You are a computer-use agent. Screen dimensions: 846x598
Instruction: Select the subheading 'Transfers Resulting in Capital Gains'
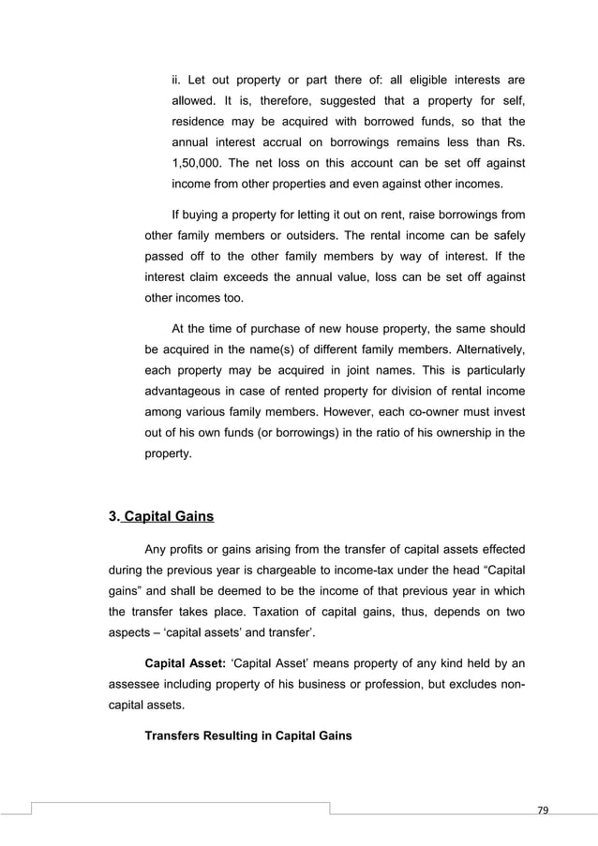248,735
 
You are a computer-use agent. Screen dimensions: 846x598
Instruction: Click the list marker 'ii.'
177,79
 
